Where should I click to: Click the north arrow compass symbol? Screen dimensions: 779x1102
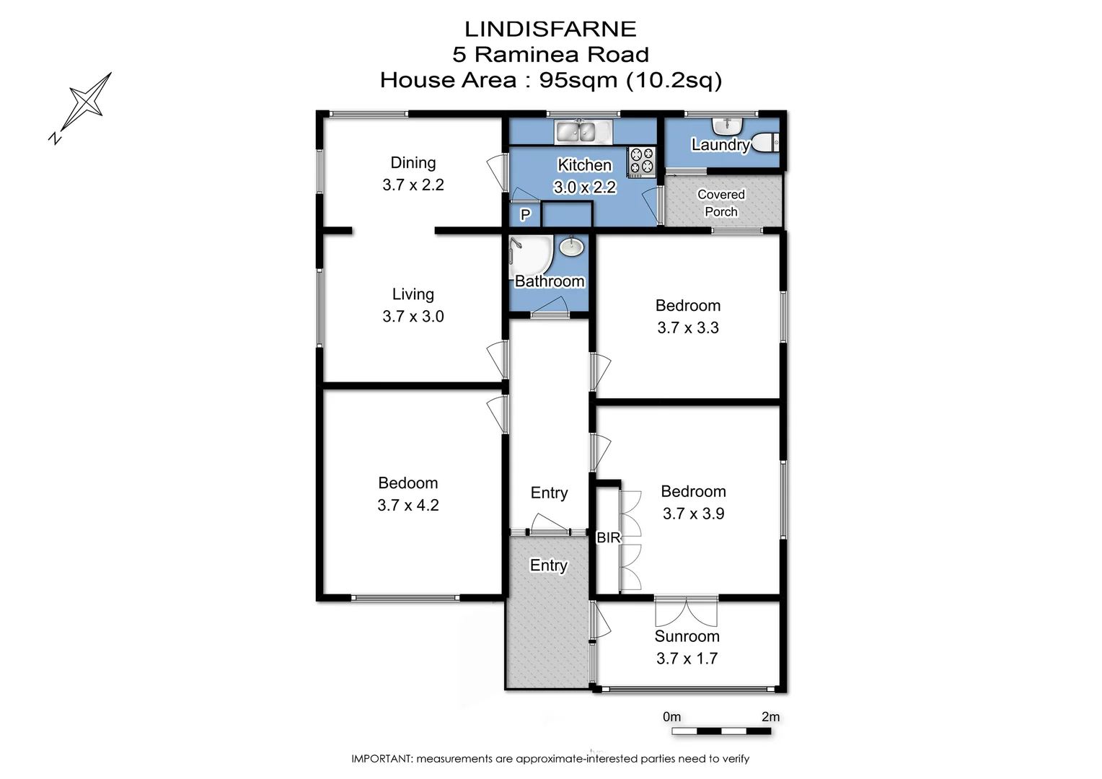click(85, 103)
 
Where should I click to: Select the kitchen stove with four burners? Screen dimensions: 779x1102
click(641, 162)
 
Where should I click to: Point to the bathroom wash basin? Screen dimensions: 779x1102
click(571, 247)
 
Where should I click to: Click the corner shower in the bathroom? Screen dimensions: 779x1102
click(528, 254)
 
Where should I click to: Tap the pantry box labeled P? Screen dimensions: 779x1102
click(525, 214)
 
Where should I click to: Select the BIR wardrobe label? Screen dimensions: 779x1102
click(608, 537)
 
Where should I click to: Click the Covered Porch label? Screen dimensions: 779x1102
click(720, 203)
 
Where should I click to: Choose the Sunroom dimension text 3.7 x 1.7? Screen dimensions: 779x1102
click(687, 658)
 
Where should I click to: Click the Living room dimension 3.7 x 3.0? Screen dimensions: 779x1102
click(413, 316)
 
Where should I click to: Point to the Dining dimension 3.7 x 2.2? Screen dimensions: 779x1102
click(413, 185)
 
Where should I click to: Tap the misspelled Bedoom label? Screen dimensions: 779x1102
click(407, 483)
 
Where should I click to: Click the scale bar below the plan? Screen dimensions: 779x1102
click(720, 731)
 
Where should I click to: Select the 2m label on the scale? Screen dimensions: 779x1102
click(770, 716)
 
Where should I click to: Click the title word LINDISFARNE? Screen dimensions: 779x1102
click(550, 29)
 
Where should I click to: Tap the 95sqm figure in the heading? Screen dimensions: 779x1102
click(578, 79)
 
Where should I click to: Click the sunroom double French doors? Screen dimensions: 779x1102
click(686, 611)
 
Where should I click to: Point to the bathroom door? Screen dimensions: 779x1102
click(550, 313)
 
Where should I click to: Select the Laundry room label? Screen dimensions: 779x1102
click(720, 144)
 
